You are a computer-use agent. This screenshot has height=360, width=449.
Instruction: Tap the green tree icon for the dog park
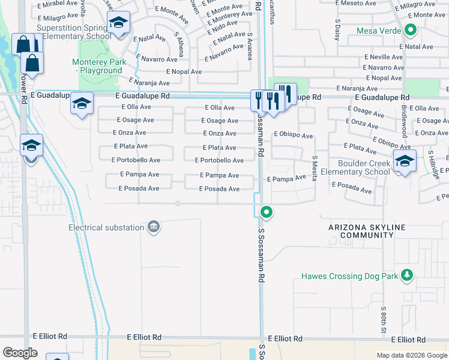408,275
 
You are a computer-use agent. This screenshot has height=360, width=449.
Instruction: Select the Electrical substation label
106,227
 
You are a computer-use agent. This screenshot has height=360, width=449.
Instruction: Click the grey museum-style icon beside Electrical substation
154,227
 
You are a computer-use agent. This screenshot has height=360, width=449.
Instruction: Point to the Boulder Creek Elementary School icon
405,160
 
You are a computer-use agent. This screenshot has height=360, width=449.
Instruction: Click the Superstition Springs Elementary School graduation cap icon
119,23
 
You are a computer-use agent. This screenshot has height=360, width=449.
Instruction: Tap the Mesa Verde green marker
411,29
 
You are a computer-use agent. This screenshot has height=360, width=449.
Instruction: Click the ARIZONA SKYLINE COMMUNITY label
367,231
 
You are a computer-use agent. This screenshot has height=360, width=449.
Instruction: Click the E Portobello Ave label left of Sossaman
136,160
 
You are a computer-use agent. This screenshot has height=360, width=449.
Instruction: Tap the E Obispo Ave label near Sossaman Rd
294,136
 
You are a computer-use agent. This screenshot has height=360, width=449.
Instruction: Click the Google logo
20,353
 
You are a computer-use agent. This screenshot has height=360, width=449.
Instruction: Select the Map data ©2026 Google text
411,355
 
